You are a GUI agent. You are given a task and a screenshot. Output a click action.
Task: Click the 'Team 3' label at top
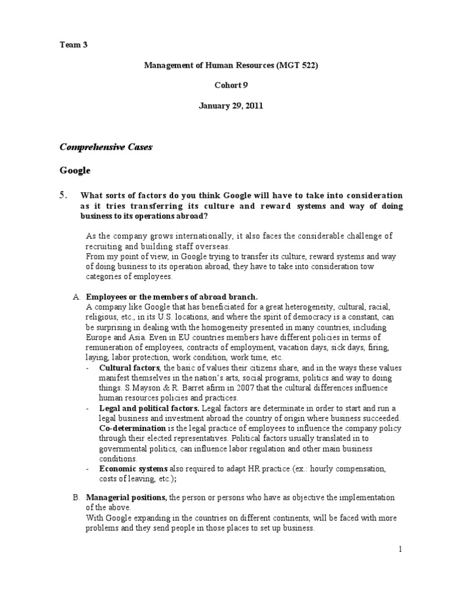click(x=74, y=45)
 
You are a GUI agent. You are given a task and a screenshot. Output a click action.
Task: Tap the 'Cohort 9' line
click(x=232, y=85)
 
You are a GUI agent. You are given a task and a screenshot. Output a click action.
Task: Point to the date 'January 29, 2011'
click(x=232, y=106)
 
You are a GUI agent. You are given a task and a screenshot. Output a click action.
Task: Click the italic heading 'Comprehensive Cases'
click(x=106, y=147)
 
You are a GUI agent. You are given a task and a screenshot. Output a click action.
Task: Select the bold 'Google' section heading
click(x=75, y=171)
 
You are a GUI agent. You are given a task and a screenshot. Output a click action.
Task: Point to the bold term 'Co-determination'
click(x=132, y=428)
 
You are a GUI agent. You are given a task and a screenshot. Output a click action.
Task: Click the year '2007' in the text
click(x=237, y=388)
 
